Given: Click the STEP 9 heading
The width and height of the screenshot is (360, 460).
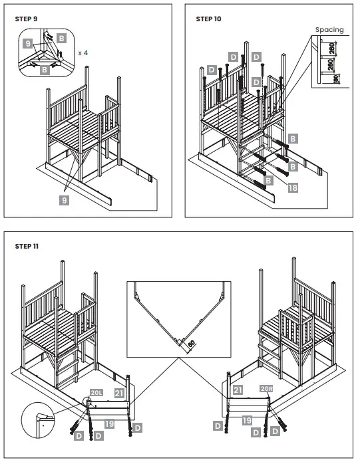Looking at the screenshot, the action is (26, 19).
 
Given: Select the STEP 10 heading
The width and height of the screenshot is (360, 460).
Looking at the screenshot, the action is (208, 19).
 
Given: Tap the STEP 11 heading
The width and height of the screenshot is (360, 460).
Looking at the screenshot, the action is (27, 246).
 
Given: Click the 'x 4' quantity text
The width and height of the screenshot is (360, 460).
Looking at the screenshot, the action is (83, 53).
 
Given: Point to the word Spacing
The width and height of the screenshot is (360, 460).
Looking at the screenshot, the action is (329, 30).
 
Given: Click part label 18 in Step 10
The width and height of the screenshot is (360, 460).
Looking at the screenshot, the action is (293, 187).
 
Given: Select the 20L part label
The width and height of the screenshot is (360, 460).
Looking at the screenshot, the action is (96, 392).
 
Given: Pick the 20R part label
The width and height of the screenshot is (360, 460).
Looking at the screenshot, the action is (266, 389).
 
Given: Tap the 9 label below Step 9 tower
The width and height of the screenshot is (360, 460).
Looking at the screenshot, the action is (65, 200).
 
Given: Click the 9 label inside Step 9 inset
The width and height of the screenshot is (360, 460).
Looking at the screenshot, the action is (27, 44).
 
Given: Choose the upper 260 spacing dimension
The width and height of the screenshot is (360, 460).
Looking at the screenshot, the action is (332, 48).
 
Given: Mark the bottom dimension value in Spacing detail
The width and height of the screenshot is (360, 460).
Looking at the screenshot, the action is (337, 78).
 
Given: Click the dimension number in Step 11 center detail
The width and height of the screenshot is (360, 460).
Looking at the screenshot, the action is (191, 343).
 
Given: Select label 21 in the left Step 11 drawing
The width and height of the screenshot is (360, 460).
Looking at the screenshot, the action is (119, 394).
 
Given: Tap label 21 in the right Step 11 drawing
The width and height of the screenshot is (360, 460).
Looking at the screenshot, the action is (238, 390).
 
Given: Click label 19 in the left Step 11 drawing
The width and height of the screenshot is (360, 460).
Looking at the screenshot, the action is (109, 423).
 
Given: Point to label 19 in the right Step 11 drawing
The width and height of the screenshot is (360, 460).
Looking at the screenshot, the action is (247, 420).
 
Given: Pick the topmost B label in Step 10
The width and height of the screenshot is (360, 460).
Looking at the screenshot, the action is (293, 138).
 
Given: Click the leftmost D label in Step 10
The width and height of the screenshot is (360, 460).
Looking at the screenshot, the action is (212, 70).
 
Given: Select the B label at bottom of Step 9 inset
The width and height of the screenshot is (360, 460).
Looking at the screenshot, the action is (45, 70).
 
